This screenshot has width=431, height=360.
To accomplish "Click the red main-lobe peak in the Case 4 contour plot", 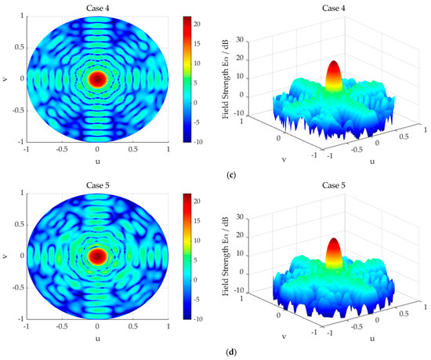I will click(97, 78).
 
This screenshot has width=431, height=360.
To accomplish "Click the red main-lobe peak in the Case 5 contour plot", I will click(97, 256).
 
